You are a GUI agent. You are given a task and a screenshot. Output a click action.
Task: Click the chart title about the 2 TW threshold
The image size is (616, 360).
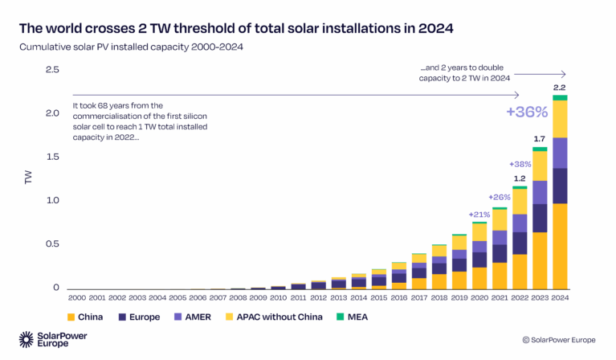click(236, 29)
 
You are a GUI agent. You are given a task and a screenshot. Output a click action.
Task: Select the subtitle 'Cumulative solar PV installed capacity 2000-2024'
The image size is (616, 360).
click(131, 47)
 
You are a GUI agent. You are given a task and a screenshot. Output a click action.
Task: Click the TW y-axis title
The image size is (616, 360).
click(28, 178)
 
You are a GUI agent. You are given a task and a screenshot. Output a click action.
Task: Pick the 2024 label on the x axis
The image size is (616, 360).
click(560, 299)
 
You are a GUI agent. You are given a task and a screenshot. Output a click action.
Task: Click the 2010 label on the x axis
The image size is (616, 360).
click(278, 299)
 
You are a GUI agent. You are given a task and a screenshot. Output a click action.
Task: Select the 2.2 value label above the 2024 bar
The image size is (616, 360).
click(560, 87)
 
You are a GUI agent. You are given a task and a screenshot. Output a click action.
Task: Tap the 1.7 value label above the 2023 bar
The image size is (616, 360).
click(540, 139)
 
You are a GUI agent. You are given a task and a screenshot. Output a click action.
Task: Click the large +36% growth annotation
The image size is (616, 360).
click(526, 112)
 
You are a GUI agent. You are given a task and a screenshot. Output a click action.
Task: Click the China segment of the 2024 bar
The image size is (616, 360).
click(560, 246)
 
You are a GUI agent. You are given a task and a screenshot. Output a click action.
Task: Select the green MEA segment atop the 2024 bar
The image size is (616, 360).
click(560, 98)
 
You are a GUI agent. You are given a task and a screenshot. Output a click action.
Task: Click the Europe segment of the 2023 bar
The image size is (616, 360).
click(540, 218)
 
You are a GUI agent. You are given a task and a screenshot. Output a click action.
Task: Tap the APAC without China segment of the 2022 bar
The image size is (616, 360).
click(520, 201)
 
